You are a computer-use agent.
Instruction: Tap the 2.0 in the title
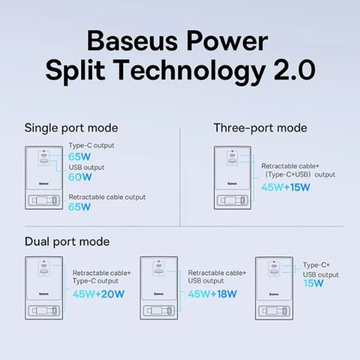tap(295, 70)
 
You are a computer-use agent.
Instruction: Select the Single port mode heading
tap(71, 128)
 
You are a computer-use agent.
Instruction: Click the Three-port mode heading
tap(261, 128)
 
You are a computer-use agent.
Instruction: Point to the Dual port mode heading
tap(67, 242)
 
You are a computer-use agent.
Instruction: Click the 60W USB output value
tap(80, 177)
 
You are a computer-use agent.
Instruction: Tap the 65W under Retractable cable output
tap(80, 207)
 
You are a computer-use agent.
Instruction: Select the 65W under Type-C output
tap(80, 157)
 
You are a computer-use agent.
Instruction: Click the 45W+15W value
tap(286, 187)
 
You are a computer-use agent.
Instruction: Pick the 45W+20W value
tap(99, 294)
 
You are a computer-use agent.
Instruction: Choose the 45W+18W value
tap(212, 294)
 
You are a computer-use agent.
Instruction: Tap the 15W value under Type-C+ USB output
tap(313, 283)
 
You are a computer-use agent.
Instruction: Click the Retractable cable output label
tap(107, 197)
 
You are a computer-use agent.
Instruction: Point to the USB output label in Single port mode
tap(86, 167)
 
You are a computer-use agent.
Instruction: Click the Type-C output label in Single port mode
tap(91, 145)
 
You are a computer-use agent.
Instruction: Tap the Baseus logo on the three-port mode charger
tap(232, 184)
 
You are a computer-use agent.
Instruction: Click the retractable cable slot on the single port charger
tap(44, 200)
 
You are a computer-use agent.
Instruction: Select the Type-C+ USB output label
tap(321, 270)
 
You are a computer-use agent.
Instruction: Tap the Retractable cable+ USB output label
tap(217, 277)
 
